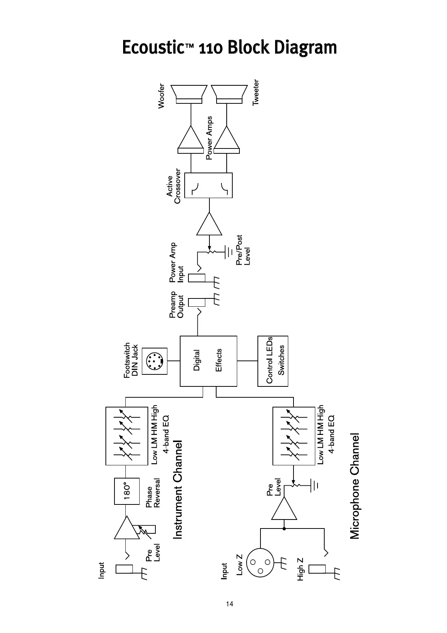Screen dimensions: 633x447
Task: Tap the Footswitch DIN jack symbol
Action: (155, 361)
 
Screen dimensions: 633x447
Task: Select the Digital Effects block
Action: (208, 361)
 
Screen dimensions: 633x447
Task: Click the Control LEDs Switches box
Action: (273, 361)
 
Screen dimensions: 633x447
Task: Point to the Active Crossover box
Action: (209, 185)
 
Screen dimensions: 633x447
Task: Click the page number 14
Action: (229, 604)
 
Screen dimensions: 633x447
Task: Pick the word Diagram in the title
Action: (306, 48)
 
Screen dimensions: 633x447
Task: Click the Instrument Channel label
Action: (178, 490)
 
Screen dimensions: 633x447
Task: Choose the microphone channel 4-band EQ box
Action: (293, 436)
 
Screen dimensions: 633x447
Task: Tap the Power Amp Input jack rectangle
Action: (196, 278)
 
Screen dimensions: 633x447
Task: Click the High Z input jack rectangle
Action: (317, 569)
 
